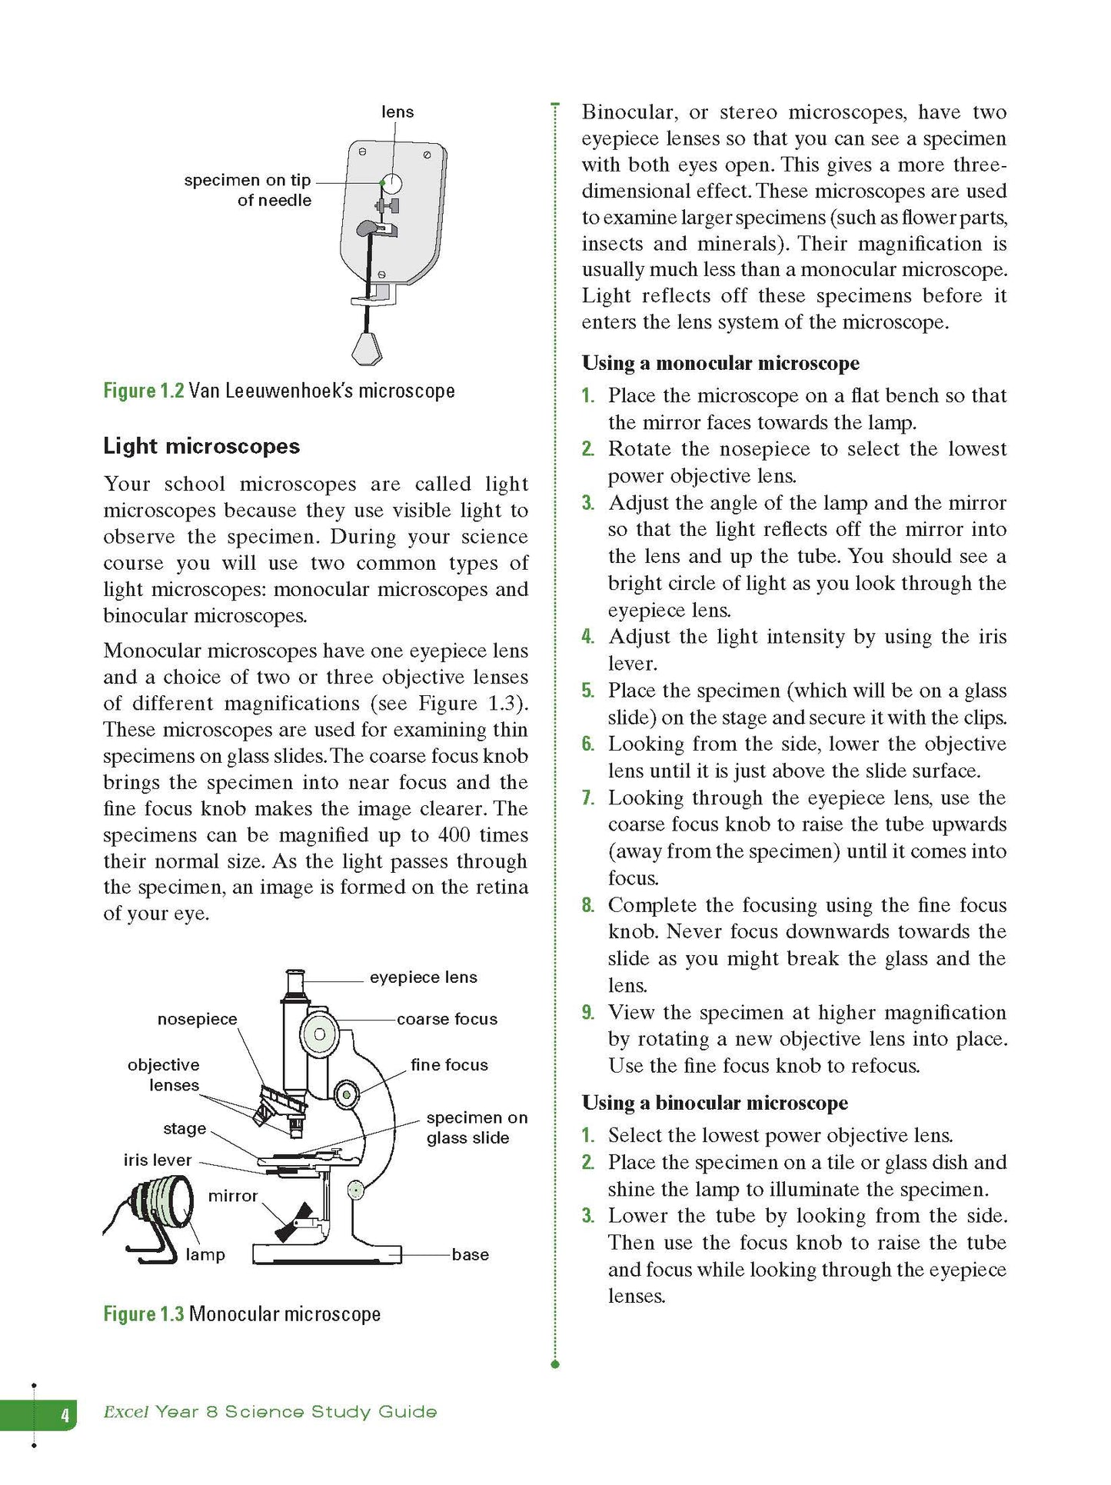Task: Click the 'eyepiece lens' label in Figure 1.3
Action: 423,977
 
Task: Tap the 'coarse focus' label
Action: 447,1019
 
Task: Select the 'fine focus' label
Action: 449,1065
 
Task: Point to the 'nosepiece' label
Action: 197,1019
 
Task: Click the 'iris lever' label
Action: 157,1160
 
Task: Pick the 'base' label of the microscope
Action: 470,1254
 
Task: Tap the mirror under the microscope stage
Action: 294,1224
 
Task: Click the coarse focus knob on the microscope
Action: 318,1034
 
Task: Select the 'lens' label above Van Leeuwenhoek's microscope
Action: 397,112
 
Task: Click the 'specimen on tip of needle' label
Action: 248,190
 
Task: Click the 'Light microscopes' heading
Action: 201,446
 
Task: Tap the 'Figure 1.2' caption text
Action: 144,391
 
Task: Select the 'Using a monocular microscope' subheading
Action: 720,363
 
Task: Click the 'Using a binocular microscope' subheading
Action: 714,1103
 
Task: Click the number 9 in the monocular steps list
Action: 587,1012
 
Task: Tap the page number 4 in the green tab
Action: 65,1414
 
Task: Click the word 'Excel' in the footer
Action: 125,1412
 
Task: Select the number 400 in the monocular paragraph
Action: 454,835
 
